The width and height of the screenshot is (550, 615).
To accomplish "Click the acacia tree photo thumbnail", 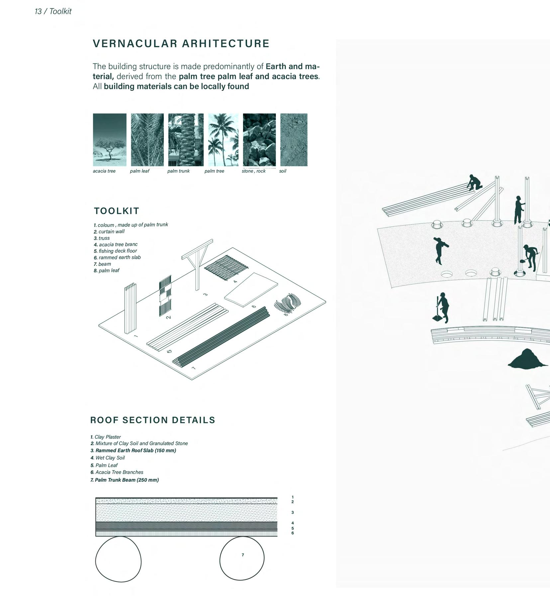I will click(110, 140).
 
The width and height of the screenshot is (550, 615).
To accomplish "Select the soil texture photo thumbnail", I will click(294, 140).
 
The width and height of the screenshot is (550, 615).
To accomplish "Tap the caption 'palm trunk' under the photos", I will click(178, 171).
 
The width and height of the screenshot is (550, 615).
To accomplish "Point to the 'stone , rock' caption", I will click(253, 171).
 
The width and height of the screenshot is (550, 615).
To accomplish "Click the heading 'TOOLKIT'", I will click(117, 211).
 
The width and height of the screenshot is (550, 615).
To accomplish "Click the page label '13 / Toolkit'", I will click(53, 11).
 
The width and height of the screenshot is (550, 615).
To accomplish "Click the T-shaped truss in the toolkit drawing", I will click(198, 263).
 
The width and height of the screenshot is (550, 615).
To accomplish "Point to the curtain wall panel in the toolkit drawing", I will click(165, 295).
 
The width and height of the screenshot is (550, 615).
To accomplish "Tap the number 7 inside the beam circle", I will click(243, 555).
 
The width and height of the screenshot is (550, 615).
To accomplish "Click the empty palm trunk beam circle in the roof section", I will click(118, 559).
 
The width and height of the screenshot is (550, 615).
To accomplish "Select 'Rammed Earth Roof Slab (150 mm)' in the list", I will click(136, 450).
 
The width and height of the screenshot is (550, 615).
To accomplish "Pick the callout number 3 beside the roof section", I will click(292, 512).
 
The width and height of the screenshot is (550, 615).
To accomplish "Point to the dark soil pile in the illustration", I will click(527, 359).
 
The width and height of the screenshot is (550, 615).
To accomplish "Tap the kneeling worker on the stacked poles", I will click(474, 183).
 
